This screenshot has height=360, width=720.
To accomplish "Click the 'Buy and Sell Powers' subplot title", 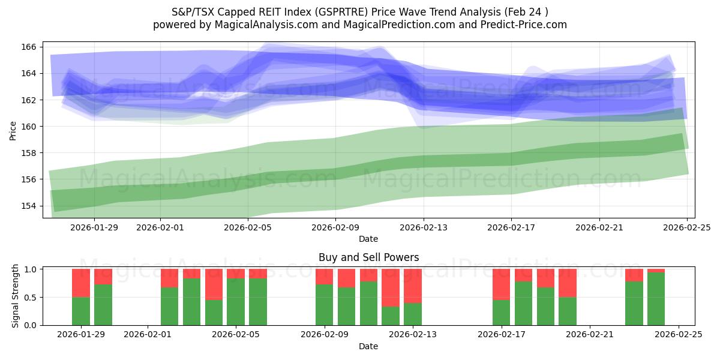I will pyautogui.click(x=368, y=257).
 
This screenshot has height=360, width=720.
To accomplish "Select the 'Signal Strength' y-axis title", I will pyautogui.click(x=16, y=296).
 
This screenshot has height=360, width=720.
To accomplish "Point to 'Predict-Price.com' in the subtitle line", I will pyautogui.click(x=525, y=25).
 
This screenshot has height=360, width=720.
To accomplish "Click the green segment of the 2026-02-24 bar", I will pyautogui.click(x=656, y=299).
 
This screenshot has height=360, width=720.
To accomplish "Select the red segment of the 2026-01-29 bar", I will pyautogui.click(x=81, y=283).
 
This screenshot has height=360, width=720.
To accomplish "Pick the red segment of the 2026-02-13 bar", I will pyautogui.click(x=413, y=286).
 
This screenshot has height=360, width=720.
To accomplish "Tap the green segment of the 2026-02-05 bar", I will pyautogui.click(x=236, y=302).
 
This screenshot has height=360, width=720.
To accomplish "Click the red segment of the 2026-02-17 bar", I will pyautogui.click(x=502, y=284).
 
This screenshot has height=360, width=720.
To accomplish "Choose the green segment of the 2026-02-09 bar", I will pyautogui.click(x=325, y=305).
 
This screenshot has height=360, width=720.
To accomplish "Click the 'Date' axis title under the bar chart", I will pyautogui.click(x=368, y=346).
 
